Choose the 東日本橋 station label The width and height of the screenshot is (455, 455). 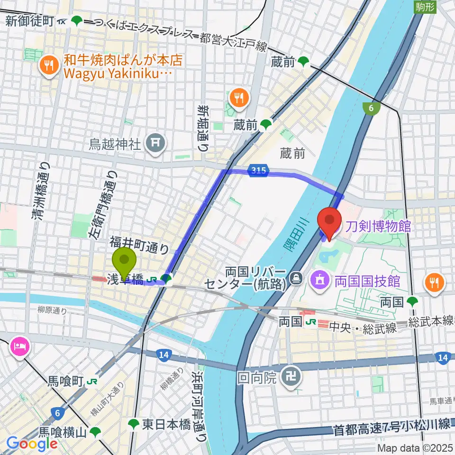(x=166, y=424)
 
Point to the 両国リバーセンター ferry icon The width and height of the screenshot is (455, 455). (x=297, y=276)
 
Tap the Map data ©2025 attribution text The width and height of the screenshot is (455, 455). (x=415, y=448)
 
